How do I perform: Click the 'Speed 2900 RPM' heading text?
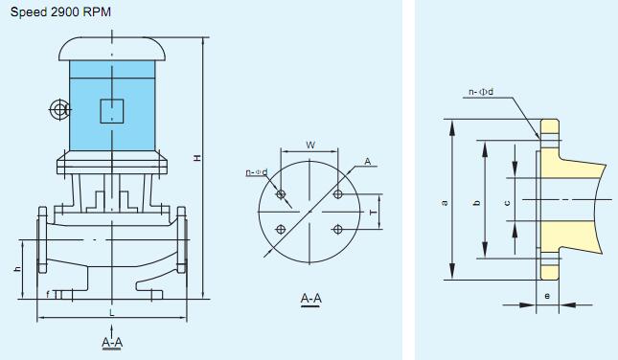pyautogui.click(x=60, y=12)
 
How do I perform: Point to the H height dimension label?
pyautogui.click(x=197, y=158)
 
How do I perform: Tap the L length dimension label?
pyautogui.click(x=112, y=313)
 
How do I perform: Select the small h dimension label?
pyautogui.click(x=17, y=269)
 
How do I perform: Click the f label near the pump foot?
pyautogui.click(x=48, y=294)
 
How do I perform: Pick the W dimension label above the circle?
pyautogui.click(x=310, y=145)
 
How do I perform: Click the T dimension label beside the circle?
pyautogui.click(x=374, y=213)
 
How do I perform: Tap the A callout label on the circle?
pyautogui.click(x=367, y=161)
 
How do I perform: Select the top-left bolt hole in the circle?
pyautogui.click(x=281, y=193)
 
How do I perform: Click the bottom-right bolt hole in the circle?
pyautogui.click(x=337, y=229)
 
